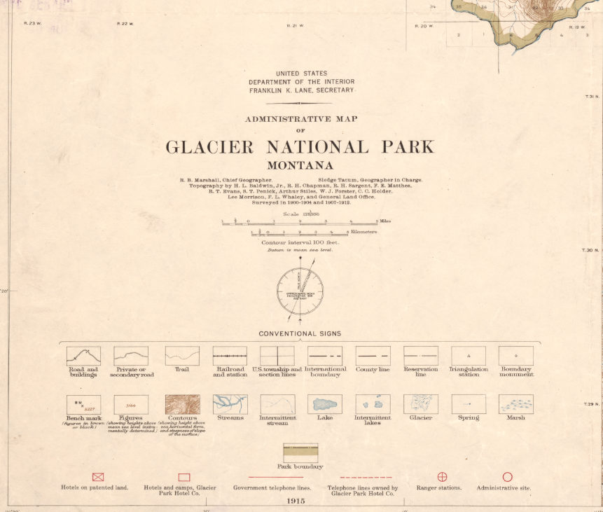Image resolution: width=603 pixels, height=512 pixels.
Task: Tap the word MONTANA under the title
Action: click(x=300, y=166)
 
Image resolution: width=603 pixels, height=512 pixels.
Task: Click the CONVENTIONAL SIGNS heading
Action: click(x=300, y=333)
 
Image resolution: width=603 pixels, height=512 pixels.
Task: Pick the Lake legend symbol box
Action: click(x=325, y=404)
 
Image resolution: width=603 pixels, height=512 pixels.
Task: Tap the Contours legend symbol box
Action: click(x=182, y=404)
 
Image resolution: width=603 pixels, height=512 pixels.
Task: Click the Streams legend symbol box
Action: click(x=230, y=404)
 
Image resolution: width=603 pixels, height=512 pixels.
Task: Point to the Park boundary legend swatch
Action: click(x=300, y=452)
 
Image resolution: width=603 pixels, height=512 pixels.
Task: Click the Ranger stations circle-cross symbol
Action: click(x=442, y=477)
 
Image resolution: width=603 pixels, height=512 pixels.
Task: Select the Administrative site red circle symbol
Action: click(x=507, y=477)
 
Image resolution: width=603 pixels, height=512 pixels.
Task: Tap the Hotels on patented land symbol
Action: click(x=98, y=477)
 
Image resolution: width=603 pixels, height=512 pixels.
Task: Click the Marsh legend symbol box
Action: click(x=515, y=404)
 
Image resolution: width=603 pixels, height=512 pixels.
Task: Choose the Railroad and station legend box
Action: click(x=230, y=356)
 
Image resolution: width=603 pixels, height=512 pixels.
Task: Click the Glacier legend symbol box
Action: click(x=420, y=404)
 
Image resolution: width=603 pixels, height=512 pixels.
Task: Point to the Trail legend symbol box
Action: click(x=182, y=356)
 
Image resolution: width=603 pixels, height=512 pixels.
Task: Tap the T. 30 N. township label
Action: click(x=592, y=250)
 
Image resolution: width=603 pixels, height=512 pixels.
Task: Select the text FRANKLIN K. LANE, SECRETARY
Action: click(x=302, y=90)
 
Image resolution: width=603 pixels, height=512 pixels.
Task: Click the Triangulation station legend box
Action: click(x=469, y=356)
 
